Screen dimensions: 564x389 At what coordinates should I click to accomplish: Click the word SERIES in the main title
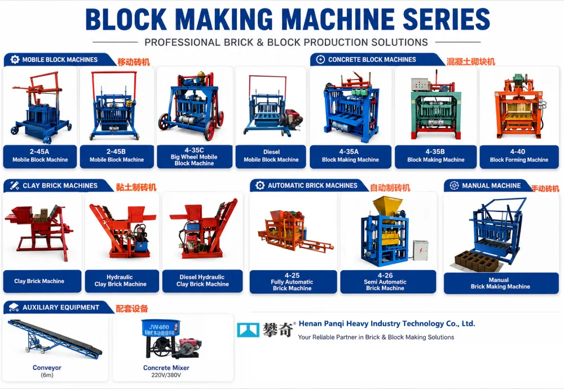446,19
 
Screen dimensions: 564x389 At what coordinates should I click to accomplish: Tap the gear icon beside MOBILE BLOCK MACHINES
15,59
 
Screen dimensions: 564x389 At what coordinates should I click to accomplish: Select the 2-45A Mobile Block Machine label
40,156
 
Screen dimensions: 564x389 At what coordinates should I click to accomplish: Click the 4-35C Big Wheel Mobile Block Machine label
194,156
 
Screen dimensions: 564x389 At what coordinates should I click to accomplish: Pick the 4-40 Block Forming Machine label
519,156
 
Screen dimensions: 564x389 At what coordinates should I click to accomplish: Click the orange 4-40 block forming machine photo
519,106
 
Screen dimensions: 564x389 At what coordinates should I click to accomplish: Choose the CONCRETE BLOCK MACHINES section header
372,60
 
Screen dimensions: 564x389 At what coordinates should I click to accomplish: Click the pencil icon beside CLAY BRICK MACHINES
15,185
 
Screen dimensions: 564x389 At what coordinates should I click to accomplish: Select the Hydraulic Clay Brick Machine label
121,281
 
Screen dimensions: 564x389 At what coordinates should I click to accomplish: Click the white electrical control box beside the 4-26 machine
421,250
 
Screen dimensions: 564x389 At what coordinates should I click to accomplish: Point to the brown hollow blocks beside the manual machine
477,261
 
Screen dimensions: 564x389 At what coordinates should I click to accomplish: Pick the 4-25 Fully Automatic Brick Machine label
292,281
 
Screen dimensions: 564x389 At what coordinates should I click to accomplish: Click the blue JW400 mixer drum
160,327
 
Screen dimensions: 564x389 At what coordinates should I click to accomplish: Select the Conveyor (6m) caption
47,371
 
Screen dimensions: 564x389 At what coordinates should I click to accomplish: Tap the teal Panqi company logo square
248,329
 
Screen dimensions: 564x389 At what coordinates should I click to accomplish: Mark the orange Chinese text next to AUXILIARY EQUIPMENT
132,308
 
